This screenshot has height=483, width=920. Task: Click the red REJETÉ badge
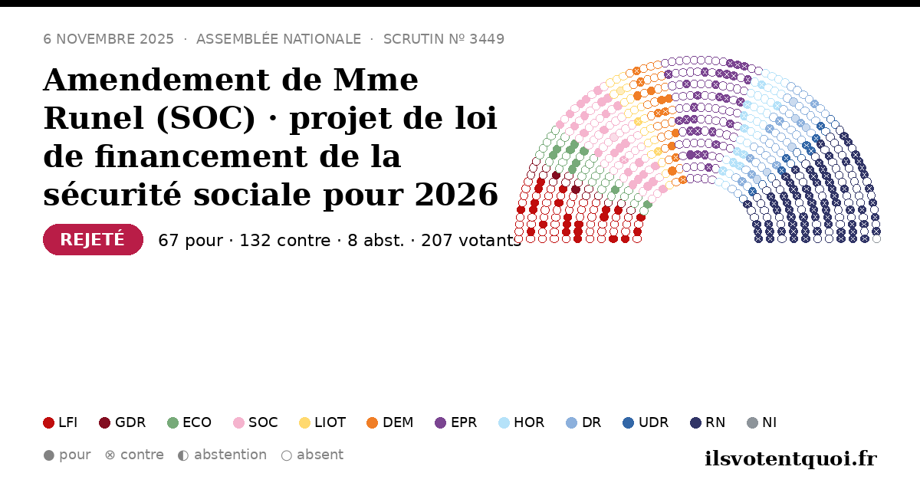pyautogui.click(x=93, y=239)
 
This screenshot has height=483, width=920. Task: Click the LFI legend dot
pyautogui.click(x=48, y=422)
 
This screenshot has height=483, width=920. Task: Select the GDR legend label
pyautogui.click(x=130, y=422)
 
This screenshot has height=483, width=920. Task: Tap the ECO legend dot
pyautogui.click(x=173, y=422)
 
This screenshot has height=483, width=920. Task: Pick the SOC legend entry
pyautogui.click(x=255, y=422)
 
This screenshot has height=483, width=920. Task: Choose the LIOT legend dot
pyautogui.click(x=304, y=422)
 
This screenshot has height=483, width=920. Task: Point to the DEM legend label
pyautogui.click(x=398, y=422)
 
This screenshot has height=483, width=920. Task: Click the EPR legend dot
pyautogui.click(x=440, y=422)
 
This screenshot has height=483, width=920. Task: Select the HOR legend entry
pyautogui.click(x=521, y=422)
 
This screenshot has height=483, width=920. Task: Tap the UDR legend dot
pyautogui.click(x=629, y=422)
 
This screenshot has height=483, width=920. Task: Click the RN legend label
pyautogui.click(x=715, y=422)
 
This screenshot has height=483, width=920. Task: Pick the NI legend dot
pyautogui.click(x=752, y=422)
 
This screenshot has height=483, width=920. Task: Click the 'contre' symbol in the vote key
pyautogui.click(x=110, y=455)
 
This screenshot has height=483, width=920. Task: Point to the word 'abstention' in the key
pyautogui.click(x=231, y=455)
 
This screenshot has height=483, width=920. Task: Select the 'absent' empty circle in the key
pyautogui.click(x=286, y=455)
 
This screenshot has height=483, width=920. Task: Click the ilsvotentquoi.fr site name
pyautogui.click(x=790, y=458)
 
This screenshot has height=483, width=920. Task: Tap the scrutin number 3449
pyautogui.click(x=487, y=39)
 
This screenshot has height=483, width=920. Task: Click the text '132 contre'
pyautogui.click(x=285, y=241)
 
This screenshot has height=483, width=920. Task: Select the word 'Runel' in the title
pyautogui.click(x=94, y=118)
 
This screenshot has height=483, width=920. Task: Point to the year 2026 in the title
pyautogui.click(x=456, y=195)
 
